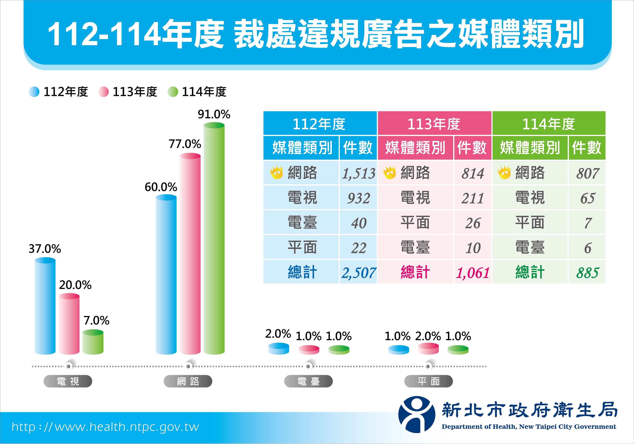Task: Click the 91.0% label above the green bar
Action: [x=214, y=114]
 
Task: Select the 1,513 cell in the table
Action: [x=358, y=173]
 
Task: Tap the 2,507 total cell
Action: [x=358, y=273]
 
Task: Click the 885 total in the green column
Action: [x=587, y=273]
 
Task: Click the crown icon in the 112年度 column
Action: [x=276, y=173]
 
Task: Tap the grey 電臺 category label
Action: [x=308, y=381]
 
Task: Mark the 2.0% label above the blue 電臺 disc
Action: [x=278, y=334]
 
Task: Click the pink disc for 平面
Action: [x=428, y=348]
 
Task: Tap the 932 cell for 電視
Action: [x=358, y=198]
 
